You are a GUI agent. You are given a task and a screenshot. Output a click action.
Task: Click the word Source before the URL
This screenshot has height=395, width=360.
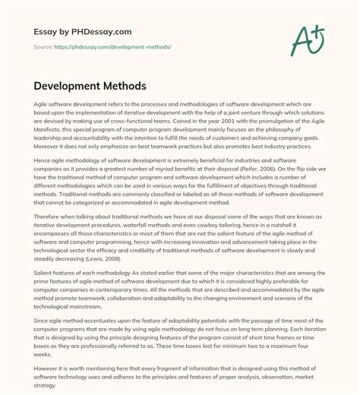pyautogui.click(x=44, y=47)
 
